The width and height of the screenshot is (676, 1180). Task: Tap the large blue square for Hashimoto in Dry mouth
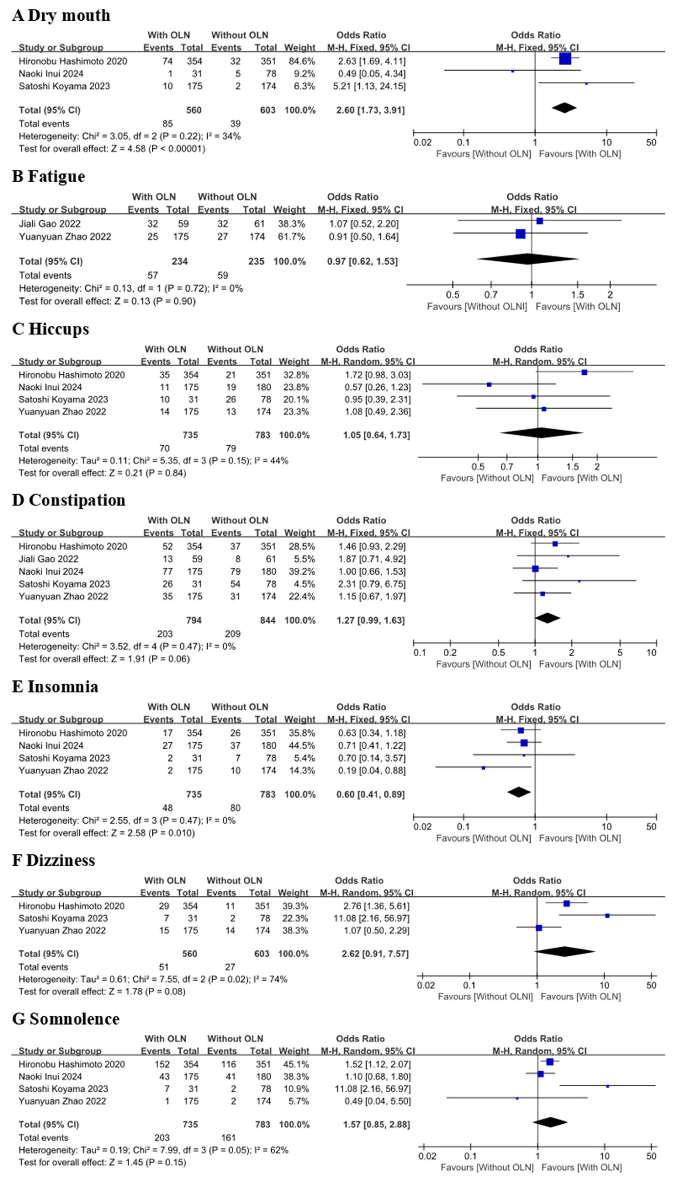(565, 59)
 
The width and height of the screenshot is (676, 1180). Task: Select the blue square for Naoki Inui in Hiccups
(489, 384)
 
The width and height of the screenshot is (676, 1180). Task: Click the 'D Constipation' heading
(69, 500)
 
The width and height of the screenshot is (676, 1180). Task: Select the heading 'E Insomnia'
(55, 687)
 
